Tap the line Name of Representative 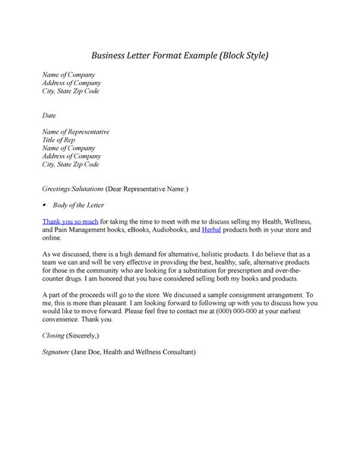pos(76,132)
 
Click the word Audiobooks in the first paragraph pos(171,229)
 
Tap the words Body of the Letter pos(87,205)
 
